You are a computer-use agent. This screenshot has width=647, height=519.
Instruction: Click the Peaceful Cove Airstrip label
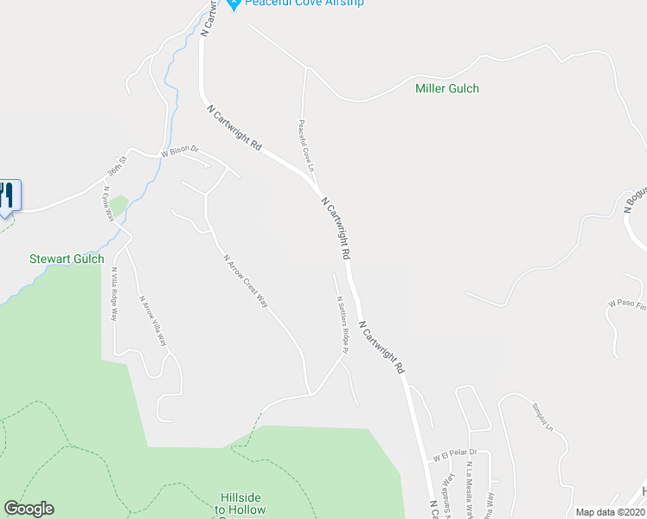click(x=304, y=3)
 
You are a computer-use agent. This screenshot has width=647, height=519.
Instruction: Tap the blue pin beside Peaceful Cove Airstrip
click(x=233, y=4)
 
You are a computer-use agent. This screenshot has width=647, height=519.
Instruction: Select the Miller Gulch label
click(x=447, y=88)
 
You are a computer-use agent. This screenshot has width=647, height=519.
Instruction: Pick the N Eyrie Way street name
click(x=109, y=205)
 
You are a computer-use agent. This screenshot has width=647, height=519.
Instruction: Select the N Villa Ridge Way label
click(x=114, y=294)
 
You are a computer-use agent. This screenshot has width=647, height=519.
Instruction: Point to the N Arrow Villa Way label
click(x=154, y=321)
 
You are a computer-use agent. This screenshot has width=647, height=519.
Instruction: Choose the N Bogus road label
click(x=635, y=199)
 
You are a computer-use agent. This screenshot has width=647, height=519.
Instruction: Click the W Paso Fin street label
click(x=627, y=304)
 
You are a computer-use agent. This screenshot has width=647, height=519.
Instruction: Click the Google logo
click(x=29, y=509)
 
